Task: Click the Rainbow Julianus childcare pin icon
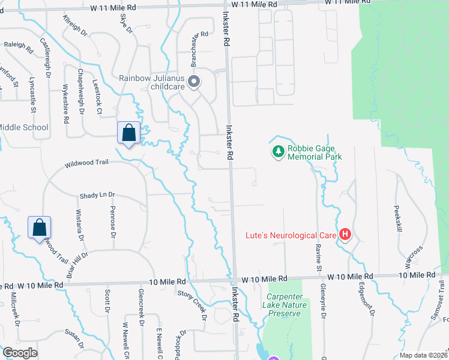tap(193, 82)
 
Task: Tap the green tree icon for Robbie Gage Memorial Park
tap(277, 152)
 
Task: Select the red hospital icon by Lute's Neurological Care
tap(345, 235)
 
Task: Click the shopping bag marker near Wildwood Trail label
tap(129, 133)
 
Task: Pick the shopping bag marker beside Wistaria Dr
tap(39, 227)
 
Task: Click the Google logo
tap(19, 353)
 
